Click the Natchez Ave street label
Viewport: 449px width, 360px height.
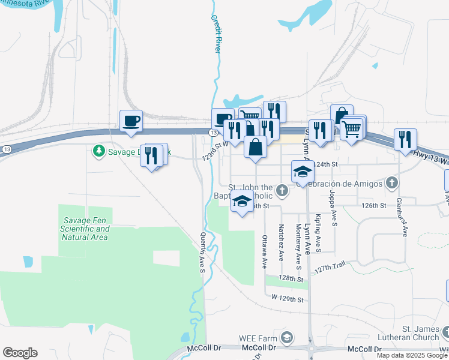(280, 242)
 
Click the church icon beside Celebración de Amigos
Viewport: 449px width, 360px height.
(391, 182)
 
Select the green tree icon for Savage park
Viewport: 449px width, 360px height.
(99, 151)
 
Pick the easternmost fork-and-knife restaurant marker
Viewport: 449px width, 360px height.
(405, 140)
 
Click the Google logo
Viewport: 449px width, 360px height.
(20, 353)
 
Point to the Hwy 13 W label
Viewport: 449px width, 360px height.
(431, 157)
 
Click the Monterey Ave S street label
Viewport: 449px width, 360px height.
(298, 246)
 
